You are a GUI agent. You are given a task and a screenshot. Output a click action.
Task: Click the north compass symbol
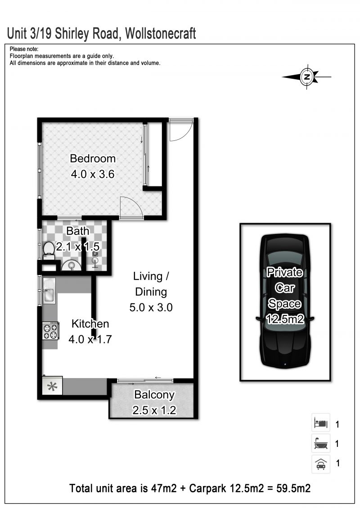coord(307,77)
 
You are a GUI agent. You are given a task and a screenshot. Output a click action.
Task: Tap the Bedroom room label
coord(93,158)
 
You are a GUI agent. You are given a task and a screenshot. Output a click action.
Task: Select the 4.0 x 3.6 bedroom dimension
coord(93,174)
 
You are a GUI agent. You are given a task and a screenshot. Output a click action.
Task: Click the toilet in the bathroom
coord(49,250)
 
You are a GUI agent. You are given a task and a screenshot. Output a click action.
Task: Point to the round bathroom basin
coord(71,265)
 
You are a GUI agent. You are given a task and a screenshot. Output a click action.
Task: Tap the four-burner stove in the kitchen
coord(50,331)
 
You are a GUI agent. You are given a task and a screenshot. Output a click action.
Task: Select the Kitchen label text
coord(90,324)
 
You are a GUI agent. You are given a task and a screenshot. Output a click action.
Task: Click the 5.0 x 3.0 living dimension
coord(151,307)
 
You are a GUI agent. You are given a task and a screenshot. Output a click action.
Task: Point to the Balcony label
coord(154,395)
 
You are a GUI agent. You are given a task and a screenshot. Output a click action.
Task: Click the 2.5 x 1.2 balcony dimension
coord(154,410)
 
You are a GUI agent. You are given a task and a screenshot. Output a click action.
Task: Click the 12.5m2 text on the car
coord(285,319)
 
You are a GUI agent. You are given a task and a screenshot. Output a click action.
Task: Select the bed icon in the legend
coord(321,423)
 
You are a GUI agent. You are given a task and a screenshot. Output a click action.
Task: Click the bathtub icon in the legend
coord(321,443)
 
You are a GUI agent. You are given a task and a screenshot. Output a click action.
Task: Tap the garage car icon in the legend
coord(321,463)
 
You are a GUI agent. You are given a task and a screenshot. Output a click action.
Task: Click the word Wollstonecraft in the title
coord(160,33)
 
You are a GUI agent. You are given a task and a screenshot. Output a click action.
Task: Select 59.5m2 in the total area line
coord(293,488)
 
